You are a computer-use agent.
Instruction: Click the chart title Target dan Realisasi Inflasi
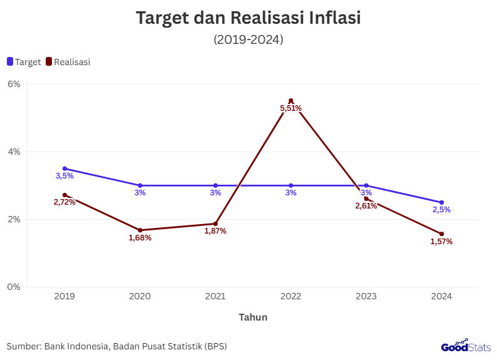[248, 18]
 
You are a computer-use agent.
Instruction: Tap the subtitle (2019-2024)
[248, 39]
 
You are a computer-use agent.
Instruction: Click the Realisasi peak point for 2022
[291, 101]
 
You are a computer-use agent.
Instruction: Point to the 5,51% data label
[291, 108]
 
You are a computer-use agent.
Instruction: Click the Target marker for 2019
[64, 168]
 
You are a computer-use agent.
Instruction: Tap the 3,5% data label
[64, 176]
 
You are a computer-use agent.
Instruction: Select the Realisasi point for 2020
[140, 230]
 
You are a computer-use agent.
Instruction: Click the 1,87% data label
[215, 231]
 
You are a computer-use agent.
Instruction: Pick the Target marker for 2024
[441, 202]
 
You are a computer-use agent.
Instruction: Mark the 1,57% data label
[441, 242]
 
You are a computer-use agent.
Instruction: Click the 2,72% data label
[64, 202]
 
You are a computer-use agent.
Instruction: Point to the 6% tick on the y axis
[14, 84]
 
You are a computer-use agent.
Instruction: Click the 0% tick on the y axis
[14, 287]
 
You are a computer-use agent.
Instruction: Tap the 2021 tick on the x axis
[215, 296]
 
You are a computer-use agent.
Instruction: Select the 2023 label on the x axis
[366, 296]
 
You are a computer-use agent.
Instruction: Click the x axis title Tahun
[253, 317]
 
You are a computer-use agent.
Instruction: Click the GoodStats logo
[466, 346]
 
